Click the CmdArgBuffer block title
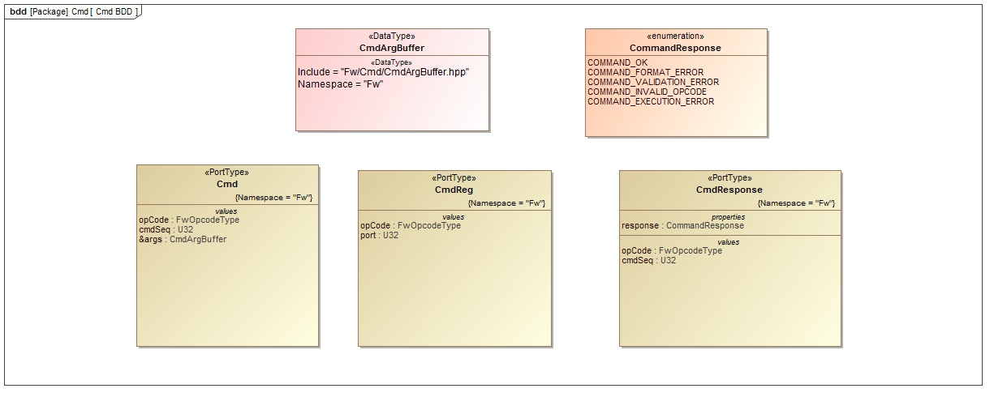[x=392, y=48]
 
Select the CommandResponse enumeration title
[x=675, y=48]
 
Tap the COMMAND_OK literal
[x=617, y=62]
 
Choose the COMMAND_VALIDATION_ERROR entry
[x=652, y=82]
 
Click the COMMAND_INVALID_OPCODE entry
[x=647, y=92]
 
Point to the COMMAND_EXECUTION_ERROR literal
[x=651, y=101]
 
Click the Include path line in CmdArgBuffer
[x=383, y=72]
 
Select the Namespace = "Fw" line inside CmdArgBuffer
[x=340, y=83]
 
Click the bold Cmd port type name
[x=227, y=184]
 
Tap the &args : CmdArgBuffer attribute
[x=183, y=239]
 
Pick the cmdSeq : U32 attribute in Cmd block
[x=166, y=229]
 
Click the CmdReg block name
[x=454, y=190]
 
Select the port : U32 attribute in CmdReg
[x=379, y=235]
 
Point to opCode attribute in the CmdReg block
[x=410, y=225]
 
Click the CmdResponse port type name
[x=729, y=190]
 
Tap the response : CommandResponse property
[x=682, y=225]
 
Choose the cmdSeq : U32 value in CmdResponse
[x=648, y=260]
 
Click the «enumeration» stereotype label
[x=675, y=36]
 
